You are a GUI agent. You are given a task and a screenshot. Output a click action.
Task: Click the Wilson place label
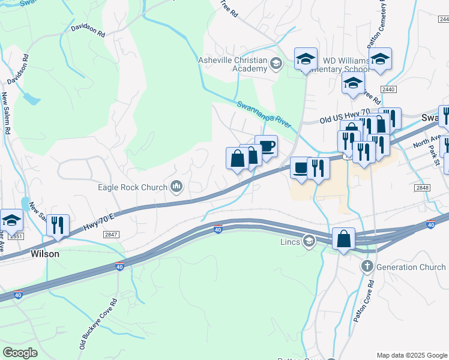(45, 254)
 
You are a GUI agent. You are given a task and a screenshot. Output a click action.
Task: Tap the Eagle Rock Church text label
(133, 187)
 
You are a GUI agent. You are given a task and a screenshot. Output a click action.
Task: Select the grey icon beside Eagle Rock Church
(176, 187)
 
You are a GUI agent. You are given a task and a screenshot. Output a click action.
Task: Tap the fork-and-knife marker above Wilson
(58, 226)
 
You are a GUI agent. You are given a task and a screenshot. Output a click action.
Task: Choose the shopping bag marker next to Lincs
(343, 239)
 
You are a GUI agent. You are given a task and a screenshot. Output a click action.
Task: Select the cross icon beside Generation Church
(367, 266)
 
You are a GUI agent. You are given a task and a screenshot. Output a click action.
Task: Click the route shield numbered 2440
(388, 89)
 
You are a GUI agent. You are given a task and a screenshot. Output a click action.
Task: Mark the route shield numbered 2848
(422, 188)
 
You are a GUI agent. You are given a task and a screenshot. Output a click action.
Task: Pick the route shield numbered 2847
(111, 235)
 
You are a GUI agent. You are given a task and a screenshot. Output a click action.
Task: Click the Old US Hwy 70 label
(344, 116)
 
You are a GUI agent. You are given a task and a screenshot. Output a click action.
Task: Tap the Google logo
(20, 353)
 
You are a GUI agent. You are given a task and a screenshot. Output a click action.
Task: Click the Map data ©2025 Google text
(411, 355)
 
